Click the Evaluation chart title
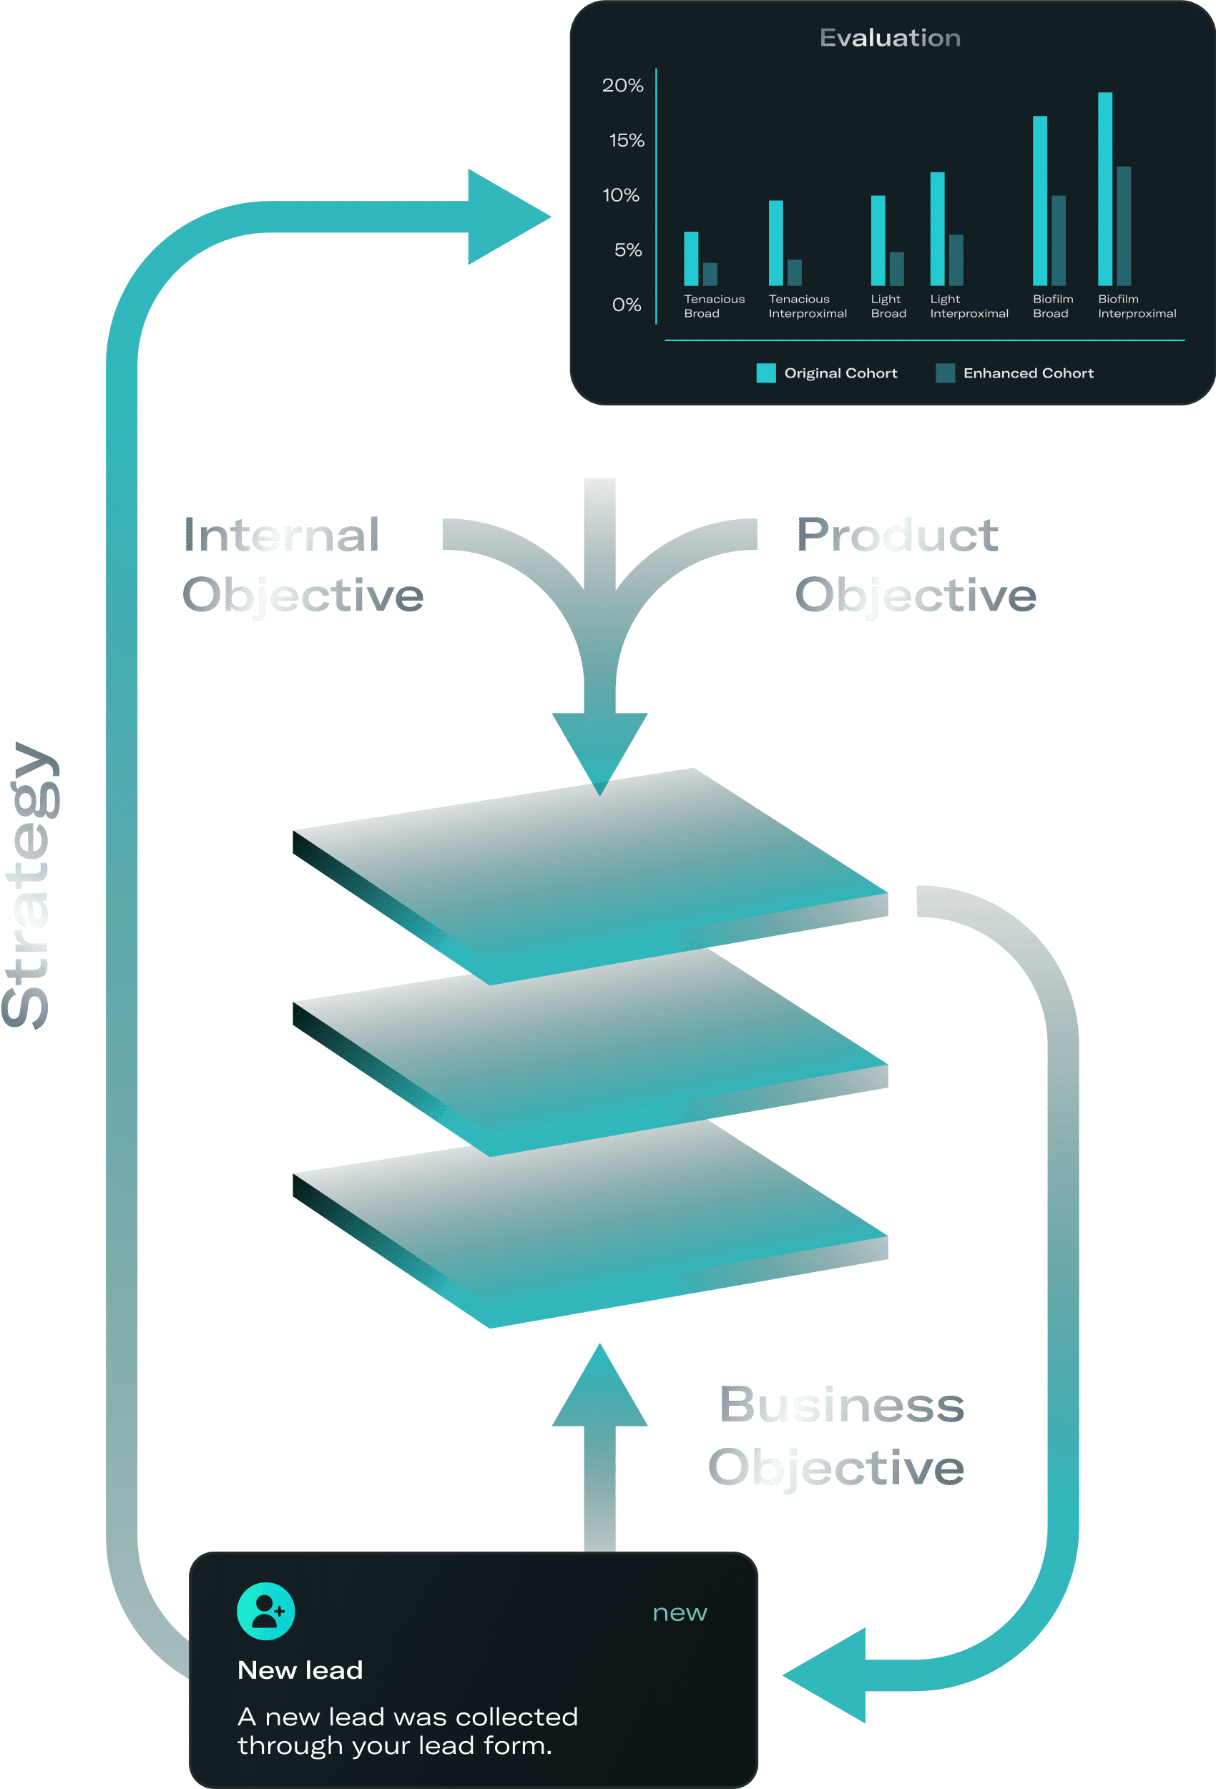coord(890,38)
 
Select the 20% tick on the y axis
coord(622,86)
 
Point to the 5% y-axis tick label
coord(627,250)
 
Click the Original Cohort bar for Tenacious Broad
coord(691,259)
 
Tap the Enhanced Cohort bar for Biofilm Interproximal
coord(1124,227)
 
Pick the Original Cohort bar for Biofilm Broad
coord(1039,201)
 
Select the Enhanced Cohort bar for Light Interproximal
coord(956,260)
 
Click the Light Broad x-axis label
coord(888,306)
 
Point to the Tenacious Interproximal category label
coord(807,306)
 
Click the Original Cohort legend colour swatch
coord(765,373)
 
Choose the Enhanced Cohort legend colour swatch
coord(945,373)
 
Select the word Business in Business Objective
coord(841,1405)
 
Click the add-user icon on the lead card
coord(265,1611)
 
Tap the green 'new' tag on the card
coord(680,1612)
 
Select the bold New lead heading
coord(300,1670)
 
